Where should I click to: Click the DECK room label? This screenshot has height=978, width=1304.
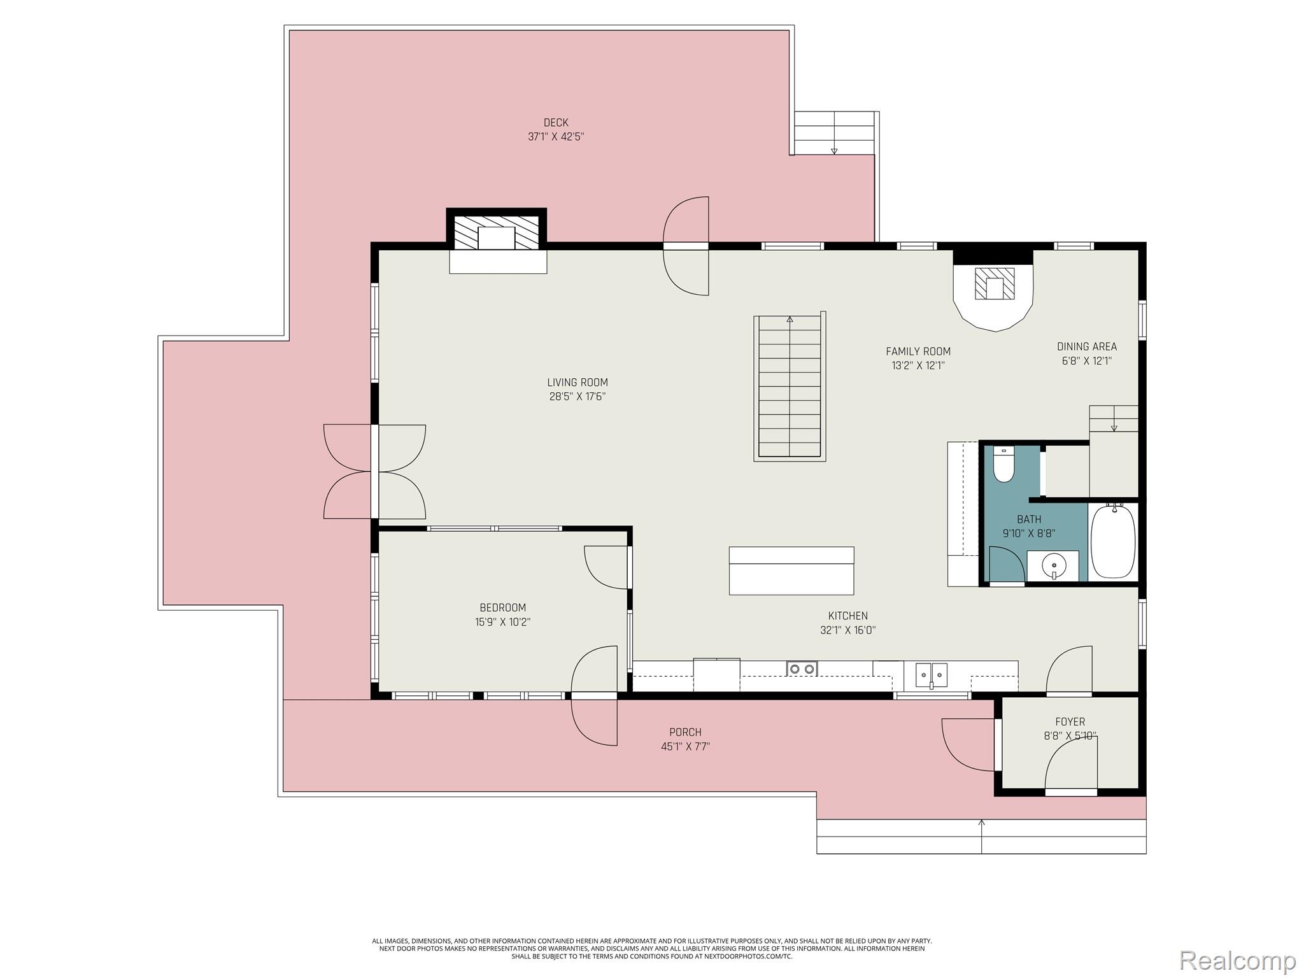click(555, 122)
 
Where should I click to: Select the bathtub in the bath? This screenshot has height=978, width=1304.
click(1113, 541)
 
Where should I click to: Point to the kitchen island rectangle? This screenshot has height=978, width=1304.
click(791, 570)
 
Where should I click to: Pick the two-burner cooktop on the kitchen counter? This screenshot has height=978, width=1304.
click(802, 669)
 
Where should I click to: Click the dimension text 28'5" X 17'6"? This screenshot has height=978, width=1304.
click(577, 397)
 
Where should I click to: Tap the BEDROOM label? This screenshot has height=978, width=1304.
click(502, 607)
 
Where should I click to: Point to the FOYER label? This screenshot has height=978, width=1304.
click(1070, 721)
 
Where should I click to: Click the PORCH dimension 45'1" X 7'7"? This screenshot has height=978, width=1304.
click(685, 746)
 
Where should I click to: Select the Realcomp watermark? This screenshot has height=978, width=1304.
click(1237, 960)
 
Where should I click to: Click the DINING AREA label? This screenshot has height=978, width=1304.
click(1086, 346)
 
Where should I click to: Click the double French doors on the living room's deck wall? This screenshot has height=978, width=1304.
click(374, 472)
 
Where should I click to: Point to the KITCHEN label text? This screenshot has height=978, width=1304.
click(847, 616)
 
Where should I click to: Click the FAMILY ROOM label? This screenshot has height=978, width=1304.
click(918, 351)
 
